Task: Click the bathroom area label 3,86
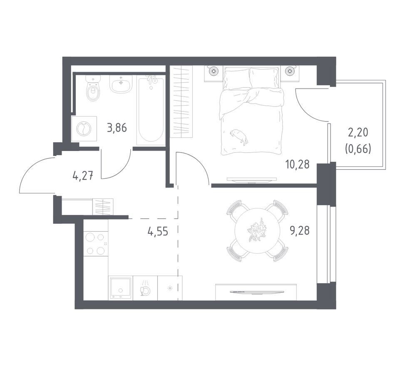(117, 128)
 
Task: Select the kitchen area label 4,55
(158, 232)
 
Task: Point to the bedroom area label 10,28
(297, 164)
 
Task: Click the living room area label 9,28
(300, 230)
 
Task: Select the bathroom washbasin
(120, 84)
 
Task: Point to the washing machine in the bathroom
(84, 129)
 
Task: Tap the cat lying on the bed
(239, 136)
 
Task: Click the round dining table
(257, 230)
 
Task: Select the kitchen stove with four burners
(96, 243)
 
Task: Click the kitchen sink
(121, 288)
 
